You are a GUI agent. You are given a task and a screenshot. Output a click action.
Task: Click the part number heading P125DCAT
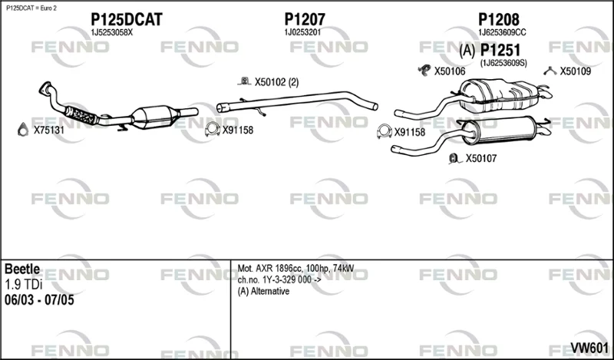tap(126, 20)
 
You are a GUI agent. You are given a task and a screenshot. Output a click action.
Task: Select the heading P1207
tap(305, 20)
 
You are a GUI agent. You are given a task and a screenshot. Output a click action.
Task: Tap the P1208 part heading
tap(499, 20)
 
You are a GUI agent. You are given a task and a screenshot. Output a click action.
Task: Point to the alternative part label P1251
tap(500, 50)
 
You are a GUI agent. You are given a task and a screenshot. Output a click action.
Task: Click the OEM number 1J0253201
tap(302, 32)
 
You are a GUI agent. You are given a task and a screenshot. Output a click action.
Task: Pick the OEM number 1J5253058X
tap(111, 32)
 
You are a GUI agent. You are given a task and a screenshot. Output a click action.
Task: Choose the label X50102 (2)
tap(276, 82)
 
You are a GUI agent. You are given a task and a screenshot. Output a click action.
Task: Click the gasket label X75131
tap(48, 130)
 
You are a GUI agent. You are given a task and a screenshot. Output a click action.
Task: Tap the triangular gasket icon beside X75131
tap(23, 130)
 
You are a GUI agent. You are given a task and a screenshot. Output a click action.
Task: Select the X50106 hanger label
tap(450, 71)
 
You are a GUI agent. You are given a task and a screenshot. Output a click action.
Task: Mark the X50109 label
tap(575, 71)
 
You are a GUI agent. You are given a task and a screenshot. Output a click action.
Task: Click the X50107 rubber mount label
tap(481, 158)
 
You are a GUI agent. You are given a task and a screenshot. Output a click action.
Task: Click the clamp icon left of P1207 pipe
tap(213, 130)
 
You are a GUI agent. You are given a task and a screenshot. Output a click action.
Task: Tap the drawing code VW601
tap(589, 348)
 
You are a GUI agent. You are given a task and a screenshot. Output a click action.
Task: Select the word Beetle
tap(22, 269)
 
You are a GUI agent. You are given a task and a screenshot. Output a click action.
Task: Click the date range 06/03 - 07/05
tap(39, 300)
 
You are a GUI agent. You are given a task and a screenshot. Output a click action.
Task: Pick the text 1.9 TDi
tap(24, 285)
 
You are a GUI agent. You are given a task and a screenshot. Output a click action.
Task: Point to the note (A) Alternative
tap(263, 292)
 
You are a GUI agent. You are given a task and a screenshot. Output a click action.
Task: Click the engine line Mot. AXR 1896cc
tap(269, 269)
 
